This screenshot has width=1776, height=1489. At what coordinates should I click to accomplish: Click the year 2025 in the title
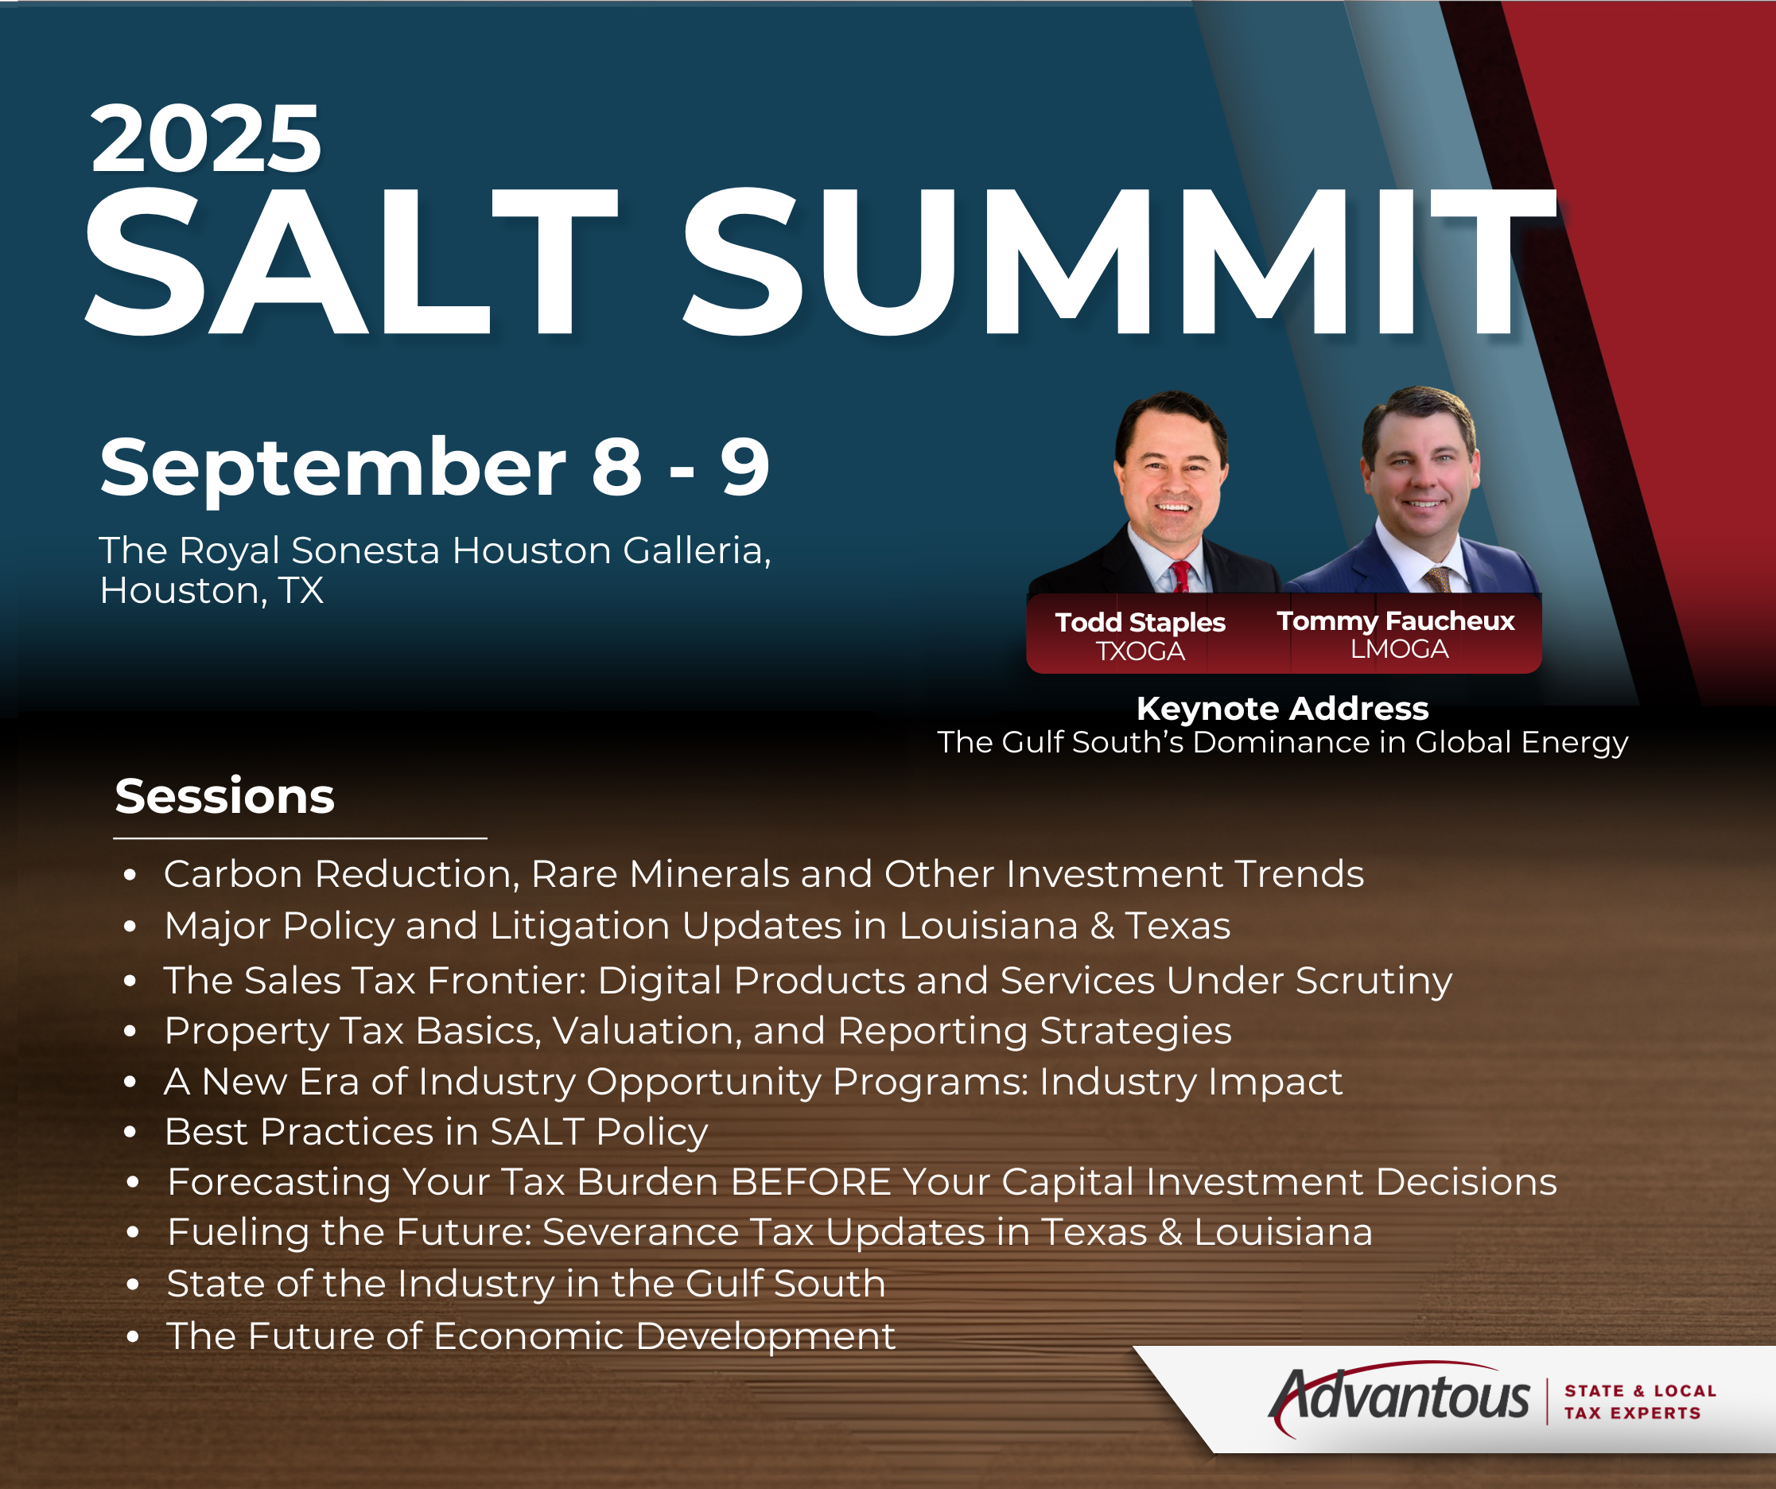tap(205, 138)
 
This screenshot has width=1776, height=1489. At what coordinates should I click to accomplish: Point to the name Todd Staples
tap(1140, 622)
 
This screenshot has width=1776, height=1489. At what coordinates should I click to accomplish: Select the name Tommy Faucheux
tap(1395, 621)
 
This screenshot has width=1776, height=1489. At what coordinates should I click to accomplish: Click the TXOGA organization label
tap(1140, 651)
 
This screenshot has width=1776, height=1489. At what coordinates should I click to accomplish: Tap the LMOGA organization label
tap(1400, 648)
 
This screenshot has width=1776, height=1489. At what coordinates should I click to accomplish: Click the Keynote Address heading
tap(1282, 709)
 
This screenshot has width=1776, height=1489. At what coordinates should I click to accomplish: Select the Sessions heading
tap(225, 796)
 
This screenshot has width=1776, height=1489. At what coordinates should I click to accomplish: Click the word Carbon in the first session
tap(233, 873)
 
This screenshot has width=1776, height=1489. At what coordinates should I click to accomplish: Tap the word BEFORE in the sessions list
tap(810, 1181)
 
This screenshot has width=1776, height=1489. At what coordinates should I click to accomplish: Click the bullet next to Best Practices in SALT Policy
tap(130, 1133)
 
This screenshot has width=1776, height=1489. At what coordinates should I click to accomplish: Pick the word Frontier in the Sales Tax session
tap(507, 981)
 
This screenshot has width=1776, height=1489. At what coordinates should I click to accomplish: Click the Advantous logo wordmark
tap(1400, 1396)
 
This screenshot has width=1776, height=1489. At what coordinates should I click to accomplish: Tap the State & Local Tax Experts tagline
tap(1640, 1402)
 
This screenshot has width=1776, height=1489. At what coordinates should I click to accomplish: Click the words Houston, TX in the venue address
tap(212, 590)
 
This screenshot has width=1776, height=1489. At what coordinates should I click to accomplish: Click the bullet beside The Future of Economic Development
tap(132, 1337)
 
